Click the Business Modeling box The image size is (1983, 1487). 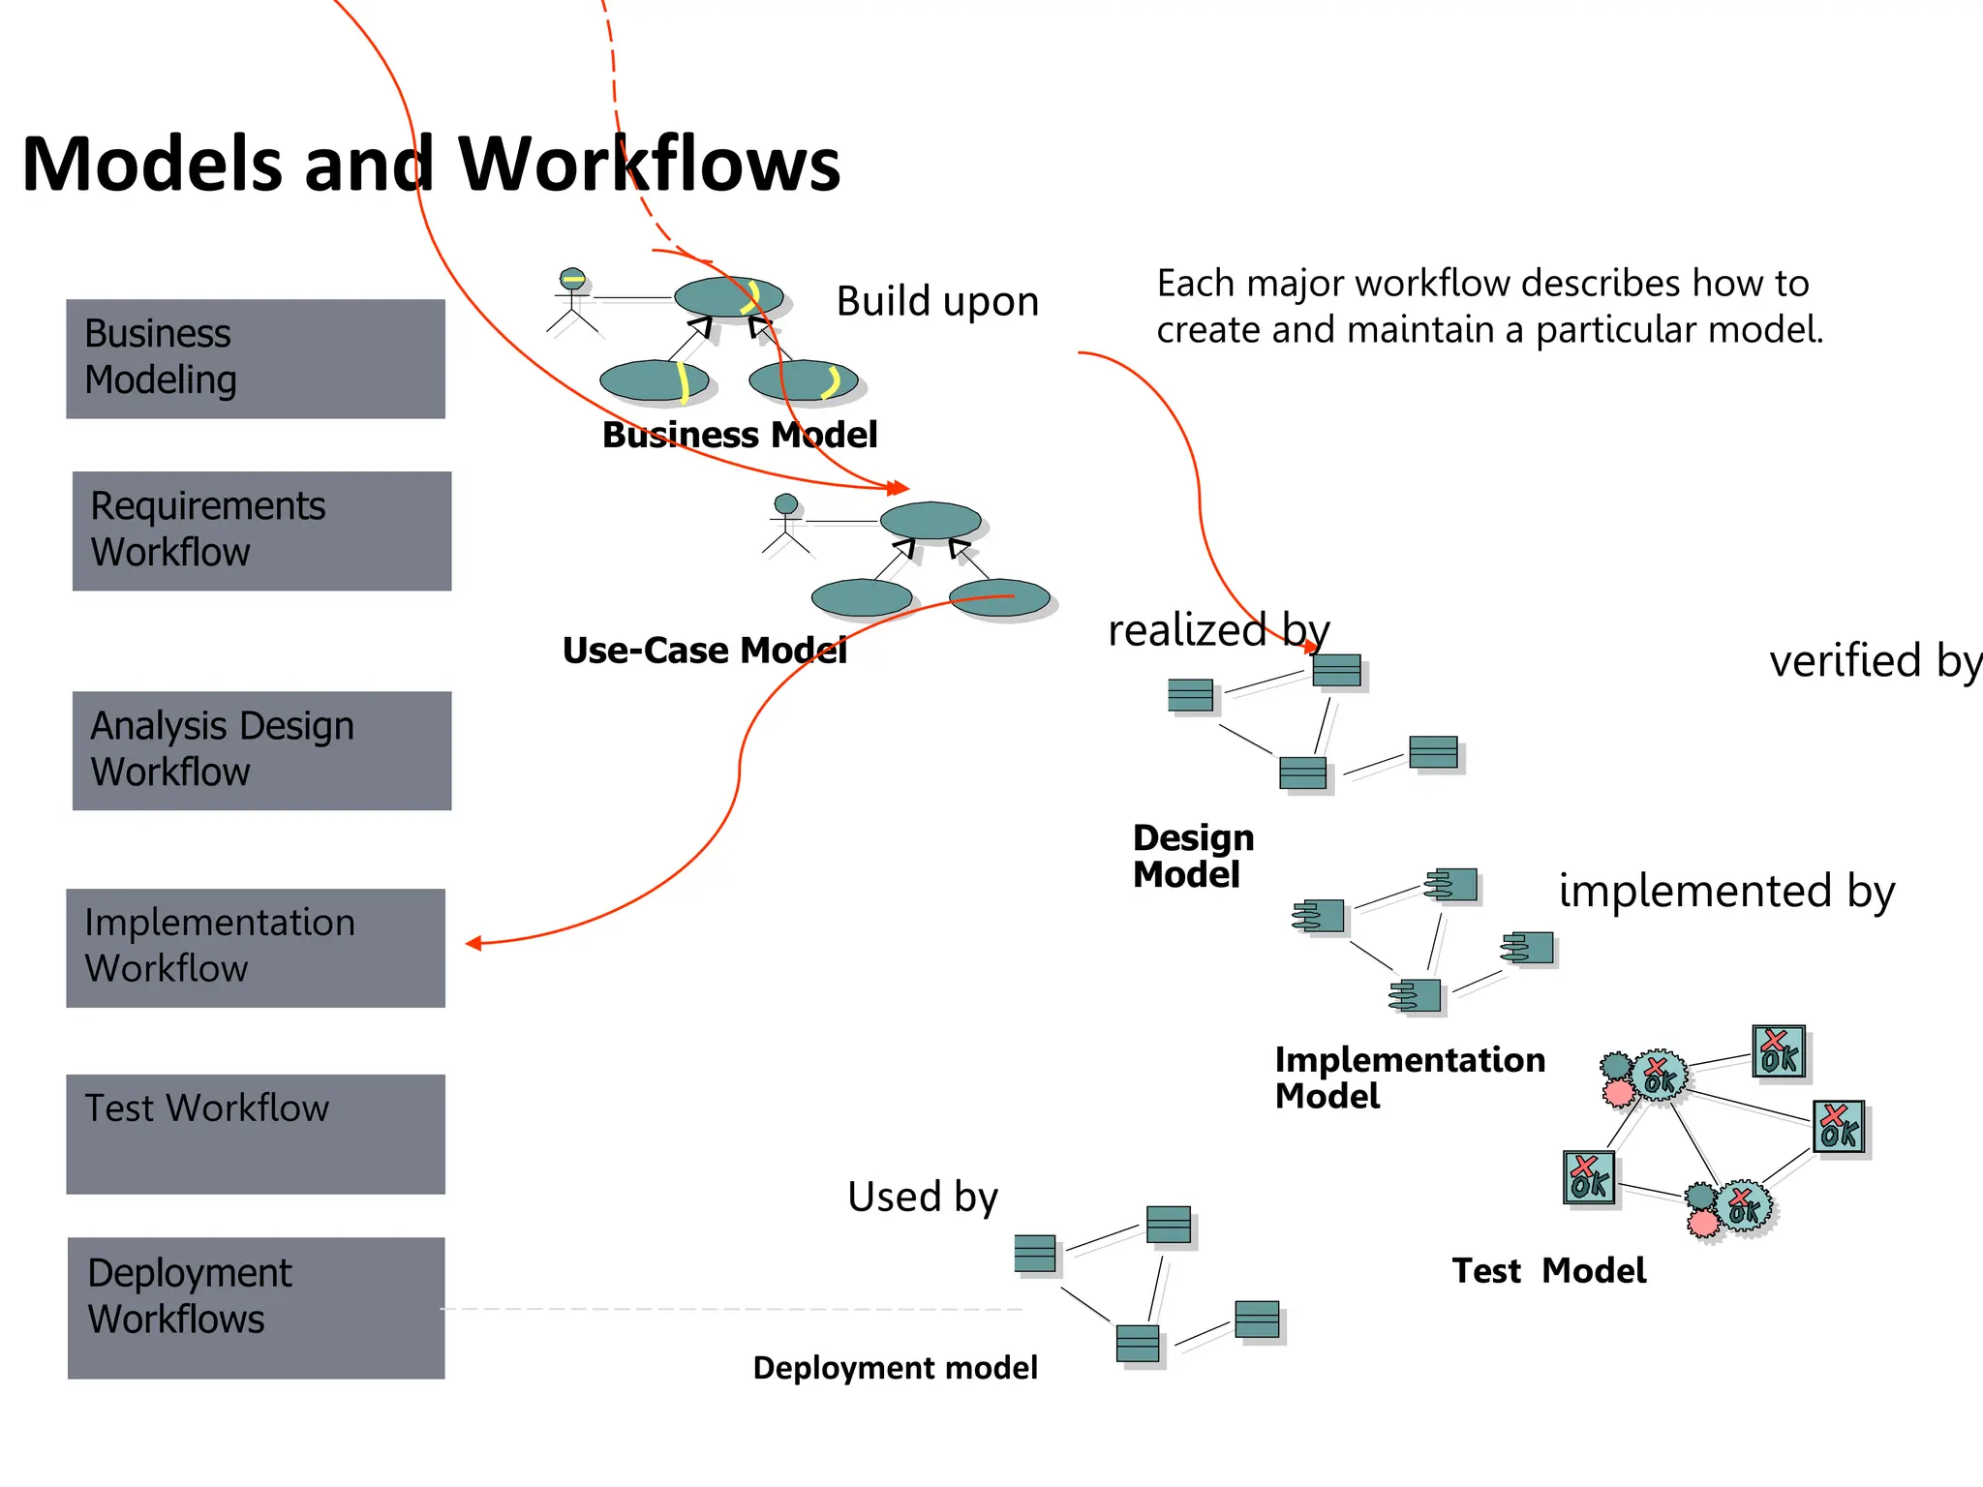point(255,358)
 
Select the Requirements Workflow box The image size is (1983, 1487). point(261,531)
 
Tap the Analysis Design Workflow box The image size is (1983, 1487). point(261,750)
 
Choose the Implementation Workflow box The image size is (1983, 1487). point(255,948)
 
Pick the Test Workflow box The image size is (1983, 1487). point(255,1134)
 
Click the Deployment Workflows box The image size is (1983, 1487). point(256,1307)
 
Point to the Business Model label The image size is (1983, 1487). point(740,435)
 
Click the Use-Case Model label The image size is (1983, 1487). point(704,651)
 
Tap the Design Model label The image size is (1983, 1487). point(1192,856)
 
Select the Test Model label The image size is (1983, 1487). point(1548,1270)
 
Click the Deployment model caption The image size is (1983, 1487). point(895,1368)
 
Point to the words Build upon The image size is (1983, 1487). point(937,301)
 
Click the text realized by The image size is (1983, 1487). point(1218,631)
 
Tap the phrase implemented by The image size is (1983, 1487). point(1726,891)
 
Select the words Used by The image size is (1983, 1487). point(922,1197)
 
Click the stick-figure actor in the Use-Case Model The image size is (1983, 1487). point(786,526)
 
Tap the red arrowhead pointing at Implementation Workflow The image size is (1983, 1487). point(473,943)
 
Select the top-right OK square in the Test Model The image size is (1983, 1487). point(1779,1052)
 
